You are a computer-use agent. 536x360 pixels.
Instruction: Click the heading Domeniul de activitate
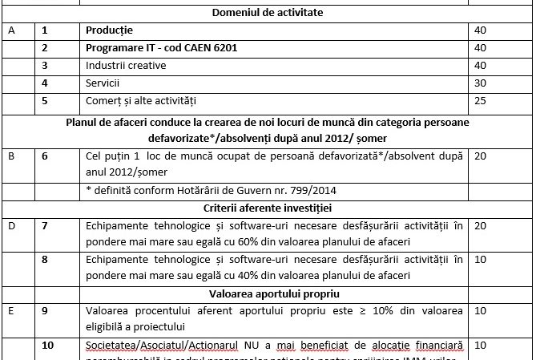267,12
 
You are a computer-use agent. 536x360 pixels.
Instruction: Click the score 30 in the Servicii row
481,83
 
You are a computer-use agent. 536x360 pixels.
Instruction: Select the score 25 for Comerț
481,101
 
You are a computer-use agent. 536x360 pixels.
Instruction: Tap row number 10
47,345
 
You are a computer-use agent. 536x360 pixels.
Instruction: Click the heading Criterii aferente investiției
267,208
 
